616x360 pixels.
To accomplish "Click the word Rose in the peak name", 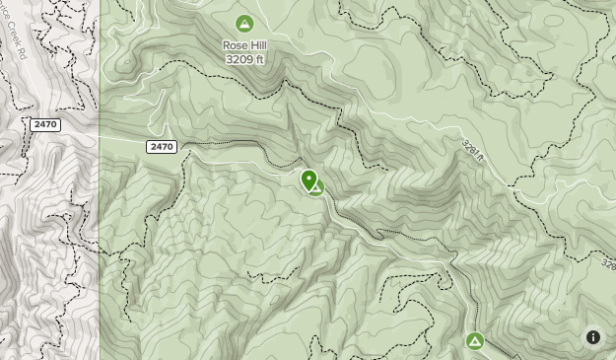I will [235, 45].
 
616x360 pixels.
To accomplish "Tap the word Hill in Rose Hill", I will [257, 45].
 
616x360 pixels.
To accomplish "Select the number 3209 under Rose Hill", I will [239, 59].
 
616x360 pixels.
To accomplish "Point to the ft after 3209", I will [260, 59].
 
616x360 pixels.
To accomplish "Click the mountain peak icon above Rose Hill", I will [244, 24].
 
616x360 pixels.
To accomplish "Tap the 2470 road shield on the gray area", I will [45, 124].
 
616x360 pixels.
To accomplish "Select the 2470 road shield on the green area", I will [162, 147].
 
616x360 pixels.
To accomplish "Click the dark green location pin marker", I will [309, 180].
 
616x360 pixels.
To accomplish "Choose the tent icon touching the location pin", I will [317, 187].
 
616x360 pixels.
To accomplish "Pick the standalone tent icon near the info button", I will [475, 341].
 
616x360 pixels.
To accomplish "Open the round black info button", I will [593, 337].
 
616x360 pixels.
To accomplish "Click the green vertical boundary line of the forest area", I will [100, 247].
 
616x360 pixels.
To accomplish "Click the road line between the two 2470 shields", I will [108, 137].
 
